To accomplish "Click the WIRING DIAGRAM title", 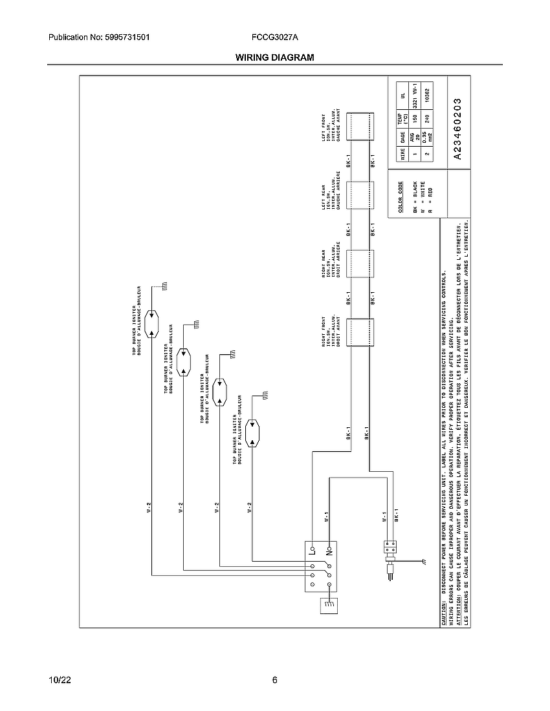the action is tap(274, 58).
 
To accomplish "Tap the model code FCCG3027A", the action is tap(275, 38).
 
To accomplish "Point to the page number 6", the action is tap(275, 680).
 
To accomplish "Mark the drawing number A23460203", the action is tap(457, 129).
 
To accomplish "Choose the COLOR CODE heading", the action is tap(401, 196).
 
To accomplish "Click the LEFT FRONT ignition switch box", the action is tap(360, 127).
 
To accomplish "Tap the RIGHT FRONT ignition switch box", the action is tap(360, 332).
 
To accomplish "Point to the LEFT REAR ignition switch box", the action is tap(360, 195).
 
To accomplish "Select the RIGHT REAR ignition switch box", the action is tap(360, 264).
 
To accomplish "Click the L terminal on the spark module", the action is tap(312, 551).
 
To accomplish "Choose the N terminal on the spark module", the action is tap(329, 551).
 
